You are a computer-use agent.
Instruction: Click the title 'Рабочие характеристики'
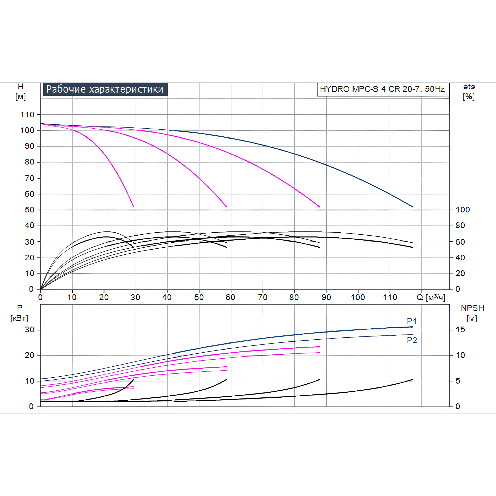click(105, 89)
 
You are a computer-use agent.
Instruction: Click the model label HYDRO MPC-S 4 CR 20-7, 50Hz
click(382, 89)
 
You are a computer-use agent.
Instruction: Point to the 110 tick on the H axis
click(27, 114)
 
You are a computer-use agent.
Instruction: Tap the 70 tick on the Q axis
click(262, 297)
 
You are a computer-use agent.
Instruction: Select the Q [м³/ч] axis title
click(431, 297)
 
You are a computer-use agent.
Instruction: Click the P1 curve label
click(412, 321)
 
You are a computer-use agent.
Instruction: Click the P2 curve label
click(412, 340)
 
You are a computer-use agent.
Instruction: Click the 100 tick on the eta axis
click(463, 210)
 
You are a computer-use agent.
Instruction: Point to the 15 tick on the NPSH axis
click(460, 330)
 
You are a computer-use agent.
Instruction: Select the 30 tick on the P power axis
click(30, 330)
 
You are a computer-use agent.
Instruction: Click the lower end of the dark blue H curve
click(412, 206)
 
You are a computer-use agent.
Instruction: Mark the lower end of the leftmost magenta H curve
click(134, 206)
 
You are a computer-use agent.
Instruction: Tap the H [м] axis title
click(20, 92)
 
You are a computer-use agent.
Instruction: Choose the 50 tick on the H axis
click(30, 210)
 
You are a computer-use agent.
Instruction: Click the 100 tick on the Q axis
click(358, 297)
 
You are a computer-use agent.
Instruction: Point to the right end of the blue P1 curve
click(412, 327)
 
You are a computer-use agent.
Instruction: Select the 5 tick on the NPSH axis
click(458, 381)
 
